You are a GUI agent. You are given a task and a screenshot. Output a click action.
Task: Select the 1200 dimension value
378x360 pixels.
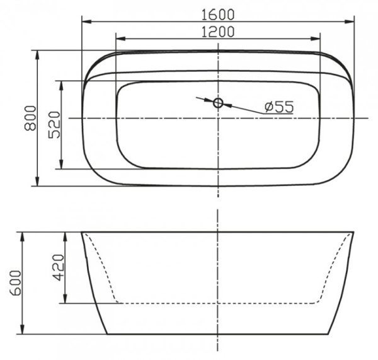pos(218,31)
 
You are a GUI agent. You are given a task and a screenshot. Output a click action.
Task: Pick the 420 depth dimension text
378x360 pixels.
pos(57,268)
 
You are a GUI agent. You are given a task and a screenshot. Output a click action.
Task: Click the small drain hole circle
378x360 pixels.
pos(218,102)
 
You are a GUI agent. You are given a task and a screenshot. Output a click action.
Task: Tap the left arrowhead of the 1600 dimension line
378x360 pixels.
pos(86,22)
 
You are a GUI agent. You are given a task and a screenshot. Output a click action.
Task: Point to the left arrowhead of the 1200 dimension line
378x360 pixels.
pos(120,39)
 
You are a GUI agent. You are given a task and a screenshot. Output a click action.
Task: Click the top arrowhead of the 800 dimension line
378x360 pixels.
pos(38,54)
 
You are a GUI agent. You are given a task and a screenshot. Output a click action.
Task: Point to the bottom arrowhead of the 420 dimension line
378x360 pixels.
pos(66,299)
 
